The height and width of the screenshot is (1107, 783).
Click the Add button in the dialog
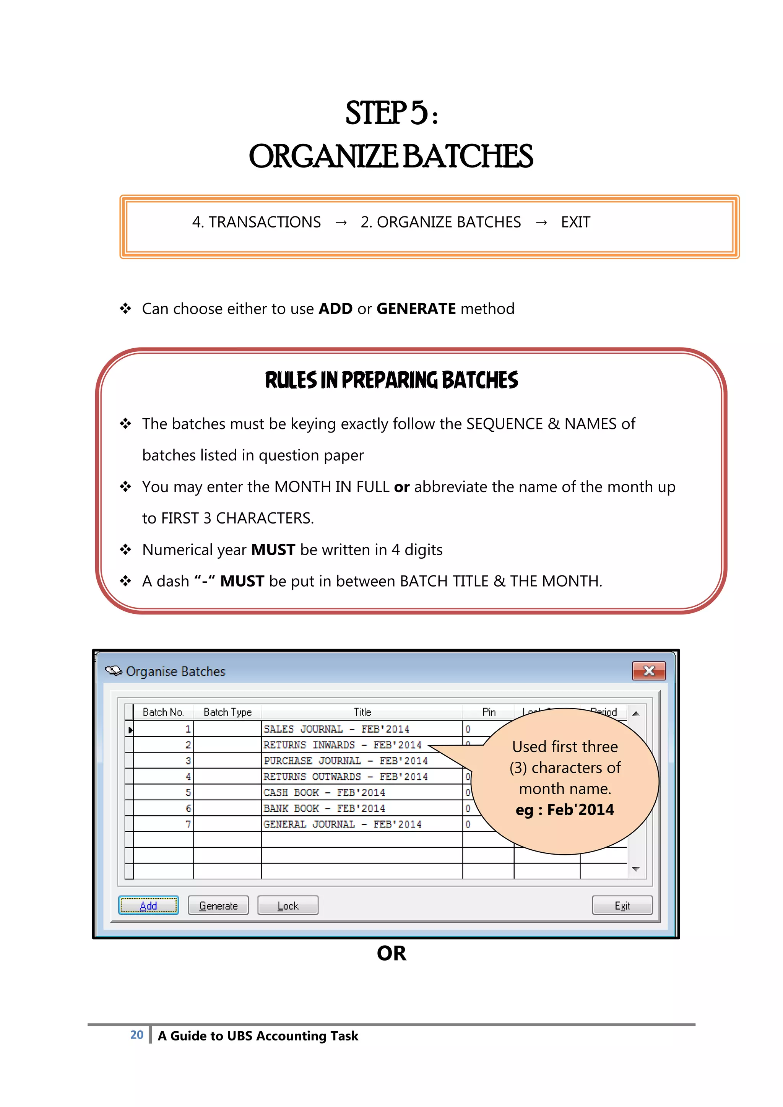click(148, 905)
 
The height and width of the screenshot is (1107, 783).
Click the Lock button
click(288, 905)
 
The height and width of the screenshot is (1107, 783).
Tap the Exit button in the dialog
click(622, 905)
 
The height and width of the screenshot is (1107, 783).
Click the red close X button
click(648, 671)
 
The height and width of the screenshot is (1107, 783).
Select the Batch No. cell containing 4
click(164, 776)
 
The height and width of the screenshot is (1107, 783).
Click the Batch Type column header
click(227, 712)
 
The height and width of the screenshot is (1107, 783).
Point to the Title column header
click(362, 712)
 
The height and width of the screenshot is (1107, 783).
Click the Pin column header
click(488, 712)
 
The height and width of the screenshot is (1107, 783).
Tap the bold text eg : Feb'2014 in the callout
click(565, 810)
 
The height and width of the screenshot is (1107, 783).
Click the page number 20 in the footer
click(136, 1035)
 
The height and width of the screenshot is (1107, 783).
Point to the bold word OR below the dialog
click(391, 953)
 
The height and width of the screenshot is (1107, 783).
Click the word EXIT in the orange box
click(575, 222)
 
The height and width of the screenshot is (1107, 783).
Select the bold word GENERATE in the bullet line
click(416, 309)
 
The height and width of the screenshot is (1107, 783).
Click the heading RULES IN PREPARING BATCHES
click(391, 380)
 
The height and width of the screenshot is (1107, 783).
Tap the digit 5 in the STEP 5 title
click(419, 113)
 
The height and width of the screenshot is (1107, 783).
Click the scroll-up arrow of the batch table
click(635, 714)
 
